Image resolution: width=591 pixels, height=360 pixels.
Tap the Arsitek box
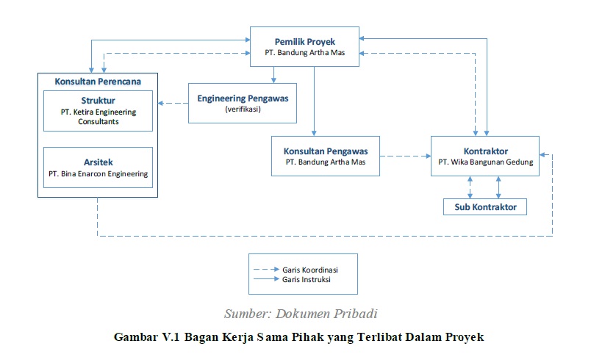coord(98,167)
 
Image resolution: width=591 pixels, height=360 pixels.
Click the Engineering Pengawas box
coord(243,103)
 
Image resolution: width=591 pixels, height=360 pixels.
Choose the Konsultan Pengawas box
coord(325,156)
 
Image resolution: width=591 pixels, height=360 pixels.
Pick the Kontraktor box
coord(484,156)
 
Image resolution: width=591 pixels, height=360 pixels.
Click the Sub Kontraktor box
coord(484,207)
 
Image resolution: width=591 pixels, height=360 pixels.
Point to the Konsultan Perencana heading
coord(98,80)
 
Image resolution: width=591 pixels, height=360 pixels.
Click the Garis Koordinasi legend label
coord(309,270)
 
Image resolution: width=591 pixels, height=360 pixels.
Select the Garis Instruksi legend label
coord(307,280)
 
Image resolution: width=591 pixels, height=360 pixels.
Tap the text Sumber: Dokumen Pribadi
coord(301,314)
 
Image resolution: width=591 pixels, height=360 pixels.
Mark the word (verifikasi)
coord(243,109)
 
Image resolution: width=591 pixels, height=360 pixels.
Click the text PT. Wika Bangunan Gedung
coord(484,162)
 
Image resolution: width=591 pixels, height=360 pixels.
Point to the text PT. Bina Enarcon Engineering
coord(98,174)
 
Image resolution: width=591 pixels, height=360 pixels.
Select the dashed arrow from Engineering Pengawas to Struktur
coord(173,103)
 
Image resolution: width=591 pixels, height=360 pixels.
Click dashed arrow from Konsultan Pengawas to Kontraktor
coord(404,156)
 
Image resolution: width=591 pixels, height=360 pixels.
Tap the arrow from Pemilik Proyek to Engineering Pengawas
coord(273,73)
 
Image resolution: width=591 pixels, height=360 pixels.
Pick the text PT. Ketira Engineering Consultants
coord(98,118)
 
